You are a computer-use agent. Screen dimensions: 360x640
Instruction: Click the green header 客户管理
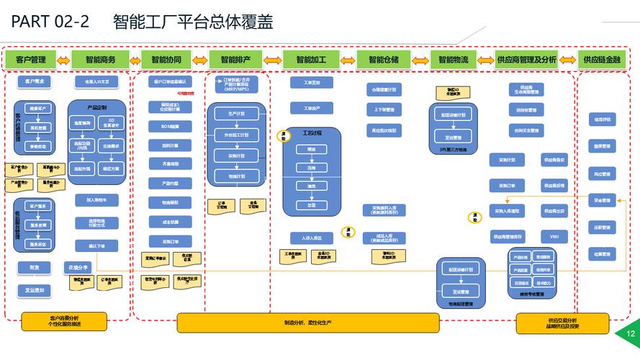[x=30, y=60]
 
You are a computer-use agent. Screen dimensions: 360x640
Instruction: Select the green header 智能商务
[x=100, y=60]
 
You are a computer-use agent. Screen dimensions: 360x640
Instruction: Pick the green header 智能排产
[x=236, y=60]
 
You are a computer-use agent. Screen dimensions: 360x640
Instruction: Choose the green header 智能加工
[x=311, y=60]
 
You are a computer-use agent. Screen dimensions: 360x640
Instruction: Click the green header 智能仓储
[x=383, y=60]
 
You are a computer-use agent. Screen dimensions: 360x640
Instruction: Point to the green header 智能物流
[x=454, y=60]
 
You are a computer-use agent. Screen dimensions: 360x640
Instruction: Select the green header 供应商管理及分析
[x=526, y=60]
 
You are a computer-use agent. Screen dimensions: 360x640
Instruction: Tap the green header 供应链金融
[x=602, y=60]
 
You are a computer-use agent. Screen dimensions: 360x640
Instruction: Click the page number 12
[x=631, y=334]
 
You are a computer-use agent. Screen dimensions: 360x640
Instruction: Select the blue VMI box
[x=554, y=236]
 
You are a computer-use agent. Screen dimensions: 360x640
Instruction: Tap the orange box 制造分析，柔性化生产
[x=307, y=323]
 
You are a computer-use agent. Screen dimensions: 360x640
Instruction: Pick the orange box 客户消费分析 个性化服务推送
[x=64, y=321]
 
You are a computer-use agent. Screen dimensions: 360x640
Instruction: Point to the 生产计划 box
[x=236, y=114]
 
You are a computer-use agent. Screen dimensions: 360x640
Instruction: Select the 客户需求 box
[x=35, y=81]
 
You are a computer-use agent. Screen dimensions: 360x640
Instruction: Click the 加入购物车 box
[x=96, y=199]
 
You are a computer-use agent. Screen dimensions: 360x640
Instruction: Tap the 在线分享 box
[x=78, y=267]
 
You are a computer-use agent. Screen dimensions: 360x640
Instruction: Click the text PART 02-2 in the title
[x=50, y=22]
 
